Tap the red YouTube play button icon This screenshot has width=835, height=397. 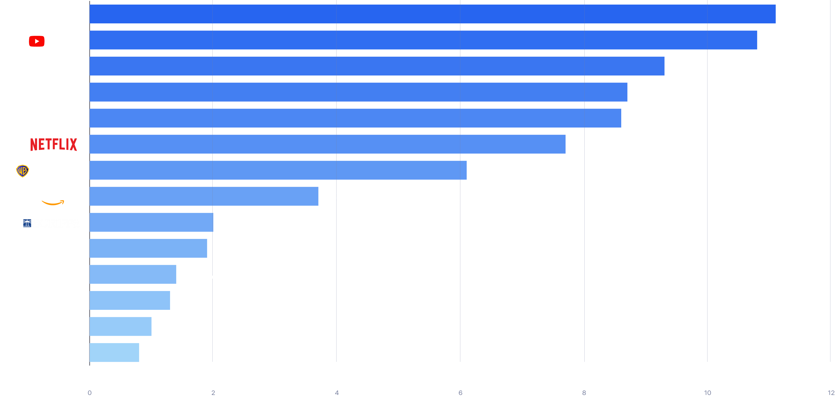[x=36, y=41]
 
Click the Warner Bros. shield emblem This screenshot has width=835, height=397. [x=22, y=171]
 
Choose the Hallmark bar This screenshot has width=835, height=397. [x=133, y=274]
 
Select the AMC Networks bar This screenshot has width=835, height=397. [x=114, y=353]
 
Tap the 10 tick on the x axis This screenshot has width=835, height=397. [x=707, y=393]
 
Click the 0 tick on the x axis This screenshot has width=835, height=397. [x=90, y=393]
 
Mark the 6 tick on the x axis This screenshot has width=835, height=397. [x=460, y=393]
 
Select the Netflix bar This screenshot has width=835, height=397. [x=327, y=144]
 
